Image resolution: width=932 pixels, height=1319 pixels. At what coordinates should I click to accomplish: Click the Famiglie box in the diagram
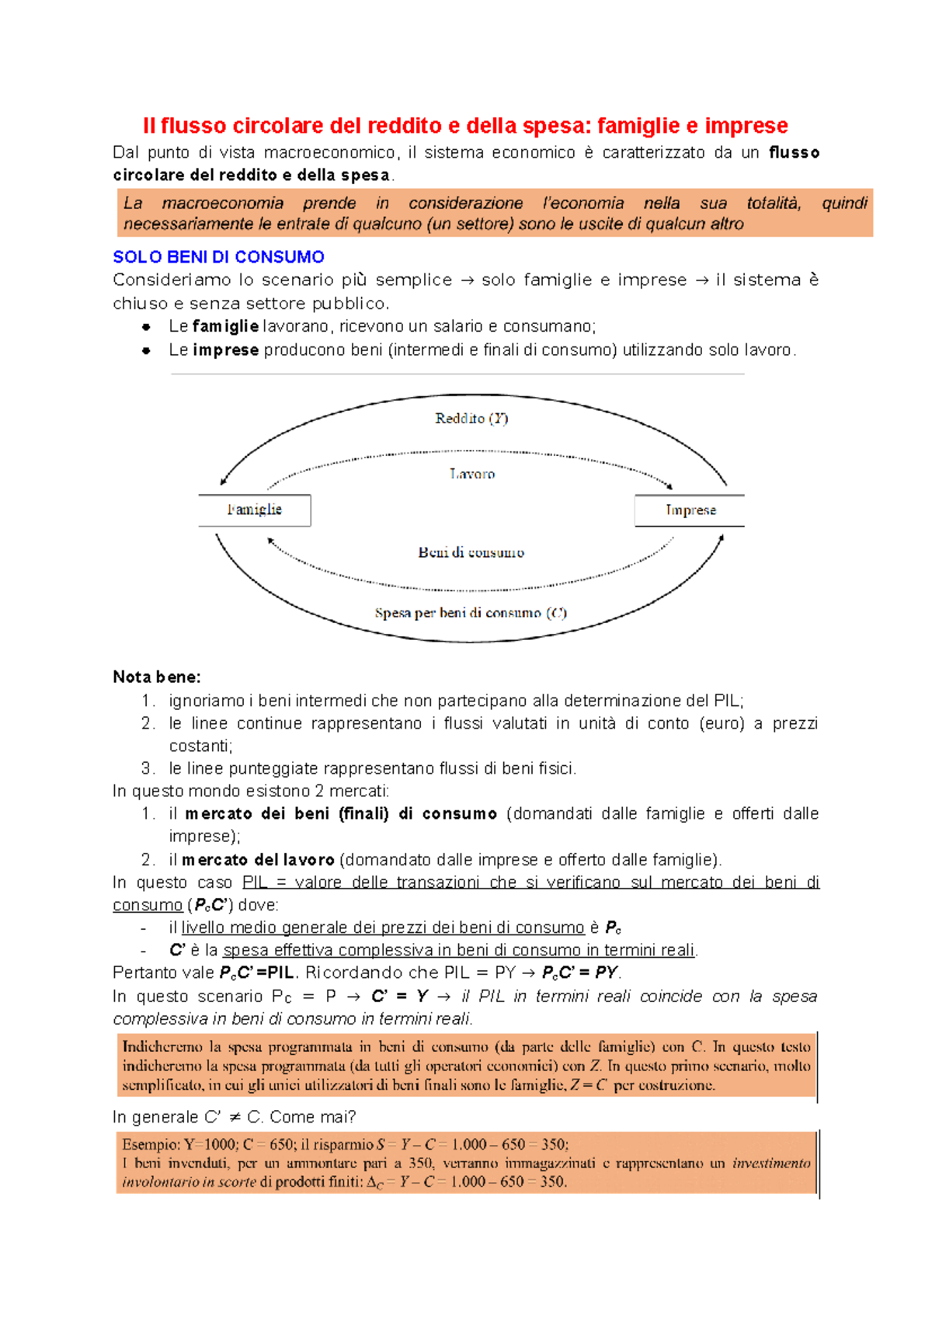255,510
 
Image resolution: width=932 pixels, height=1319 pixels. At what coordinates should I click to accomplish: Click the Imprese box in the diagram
690,510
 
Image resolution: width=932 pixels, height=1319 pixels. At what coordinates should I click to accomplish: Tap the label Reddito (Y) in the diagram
471,419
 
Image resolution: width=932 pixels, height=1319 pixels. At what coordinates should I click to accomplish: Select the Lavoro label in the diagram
471,474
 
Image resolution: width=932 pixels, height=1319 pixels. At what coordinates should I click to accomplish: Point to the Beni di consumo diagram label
471,552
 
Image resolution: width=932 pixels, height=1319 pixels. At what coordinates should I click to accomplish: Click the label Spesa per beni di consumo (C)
471,613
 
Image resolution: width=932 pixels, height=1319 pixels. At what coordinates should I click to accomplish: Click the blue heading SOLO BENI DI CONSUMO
218,257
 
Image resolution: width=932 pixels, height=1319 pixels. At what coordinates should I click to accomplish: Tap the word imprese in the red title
746,126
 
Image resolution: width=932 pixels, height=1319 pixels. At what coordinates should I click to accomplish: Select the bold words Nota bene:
157,677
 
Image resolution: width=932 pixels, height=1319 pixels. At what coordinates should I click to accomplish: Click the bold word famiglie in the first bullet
225,326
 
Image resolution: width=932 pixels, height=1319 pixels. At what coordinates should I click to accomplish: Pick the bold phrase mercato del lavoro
258,860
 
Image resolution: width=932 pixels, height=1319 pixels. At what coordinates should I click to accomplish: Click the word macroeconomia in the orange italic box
222,204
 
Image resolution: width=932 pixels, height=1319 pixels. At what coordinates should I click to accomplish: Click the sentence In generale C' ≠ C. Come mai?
234,1117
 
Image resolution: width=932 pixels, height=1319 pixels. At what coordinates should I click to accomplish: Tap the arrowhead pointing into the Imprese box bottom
722,538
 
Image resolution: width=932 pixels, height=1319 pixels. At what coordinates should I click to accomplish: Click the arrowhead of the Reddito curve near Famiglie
223,482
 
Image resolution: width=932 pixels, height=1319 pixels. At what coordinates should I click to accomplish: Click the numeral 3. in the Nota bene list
148,768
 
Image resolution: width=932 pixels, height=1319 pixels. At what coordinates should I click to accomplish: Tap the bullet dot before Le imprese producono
146,350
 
